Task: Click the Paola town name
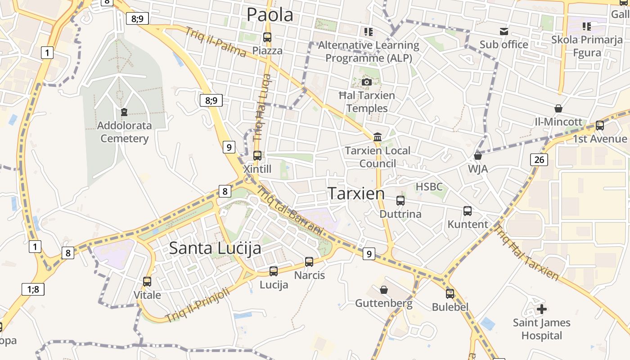coord(270,14)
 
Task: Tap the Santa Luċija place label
coord(215,248)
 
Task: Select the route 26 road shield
coord(539,159)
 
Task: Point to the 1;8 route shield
coord(33,289)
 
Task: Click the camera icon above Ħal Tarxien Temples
coord(367,82)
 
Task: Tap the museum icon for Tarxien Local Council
coord(378,137)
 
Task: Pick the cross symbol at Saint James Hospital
coord(542,309)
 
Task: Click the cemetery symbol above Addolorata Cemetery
coord(124,112)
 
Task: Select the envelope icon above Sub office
coord(504,31)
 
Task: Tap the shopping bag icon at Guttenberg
coord(384,290)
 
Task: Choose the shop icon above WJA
coord(478,156)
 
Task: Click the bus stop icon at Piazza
coord(267,37)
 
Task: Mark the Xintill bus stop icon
coord(257,156)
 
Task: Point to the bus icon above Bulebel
coord(450,294)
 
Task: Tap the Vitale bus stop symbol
coord(147,282)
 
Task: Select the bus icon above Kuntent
coord(468,211)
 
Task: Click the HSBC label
coord(429,186)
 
